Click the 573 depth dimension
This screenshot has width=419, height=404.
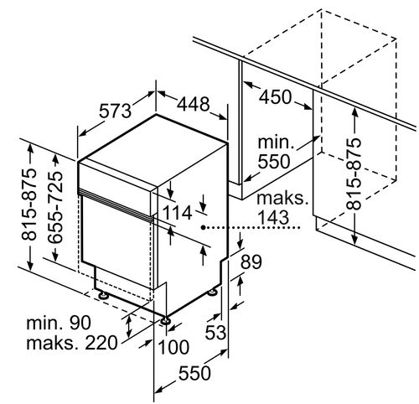tap(115, 111)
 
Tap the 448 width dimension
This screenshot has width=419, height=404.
tap(194, 104)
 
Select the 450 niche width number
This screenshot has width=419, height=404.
tap(275, 97)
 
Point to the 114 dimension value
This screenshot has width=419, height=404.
tap(177, 213)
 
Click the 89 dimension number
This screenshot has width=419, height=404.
tap(251, 262)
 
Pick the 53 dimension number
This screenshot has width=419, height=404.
tap(215, 333)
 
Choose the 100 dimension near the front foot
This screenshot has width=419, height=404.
tap(173, 347)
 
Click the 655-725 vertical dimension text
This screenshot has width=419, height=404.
tap(54, 207)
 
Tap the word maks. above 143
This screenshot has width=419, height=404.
tap(282, 198)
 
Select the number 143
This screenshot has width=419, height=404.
tap(273, 218)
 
